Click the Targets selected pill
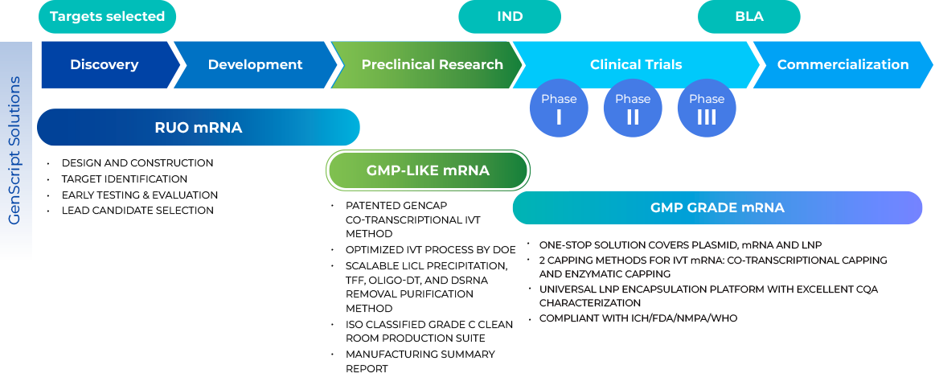[107, 17]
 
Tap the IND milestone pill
[510, 17]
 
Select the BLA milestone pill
[748, 17]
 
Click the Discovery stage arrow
[105, 65]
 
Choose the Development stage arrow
[255, 65]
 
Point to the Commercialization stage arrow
[843, 65]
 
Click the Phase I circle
[559, 109]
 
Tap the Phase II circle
[633, 109]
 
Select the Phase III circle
[707, 109]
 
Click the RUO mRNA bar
[198, 128]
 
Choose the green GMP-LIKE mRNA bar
[428, 170]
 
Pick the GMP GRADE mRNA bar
[717, 208]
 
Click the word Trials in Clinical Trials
[660, 65]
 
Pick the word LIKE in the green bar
[423, 170]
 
